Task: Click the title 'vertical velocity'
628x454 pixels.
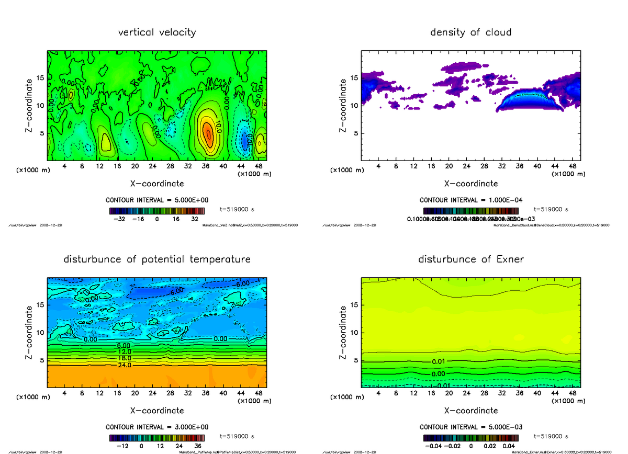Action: pyautogui.click(x=157, y=32)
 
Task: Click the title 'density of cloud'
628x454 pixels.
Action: pyautogui.click(x=470, y=32)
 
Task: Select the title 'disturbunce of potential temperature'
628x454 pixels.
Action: pyautogui.click(x=157, y=259)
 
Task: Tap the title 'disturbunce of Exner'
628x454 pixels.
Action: pyautogui.click(x=470, y=259)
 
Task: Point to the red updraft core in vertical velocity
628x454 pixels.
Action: pyautogui.click(x=207, y=132)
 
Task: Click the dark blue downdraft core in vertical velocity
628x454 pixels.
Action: pyautogui.click(x=244, y=140)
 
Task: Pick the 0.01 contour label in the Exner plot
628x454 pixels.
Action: pyautogui.click(x=439, y=362)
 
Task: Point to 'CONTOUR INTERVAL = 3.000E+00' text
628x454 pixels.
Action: pyautogui.click(x=157, y=427)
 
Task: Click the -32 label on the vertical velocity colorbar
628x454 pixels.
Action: pyautogui.click(x=121, y=220)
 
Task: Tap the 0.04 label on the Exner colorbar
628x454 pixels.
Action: pyautogui.click(x=508, y=446)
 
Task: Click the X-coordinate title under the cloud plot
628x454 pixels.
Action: pyautogui.click(x=470, y=184)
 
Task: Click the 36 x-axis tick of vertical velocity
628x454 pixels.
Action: pyautogui.click(x=205, y=166)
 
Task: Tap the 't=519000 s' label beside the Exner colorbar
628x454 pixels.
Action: pyautogui.click(x=551, y=436)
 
